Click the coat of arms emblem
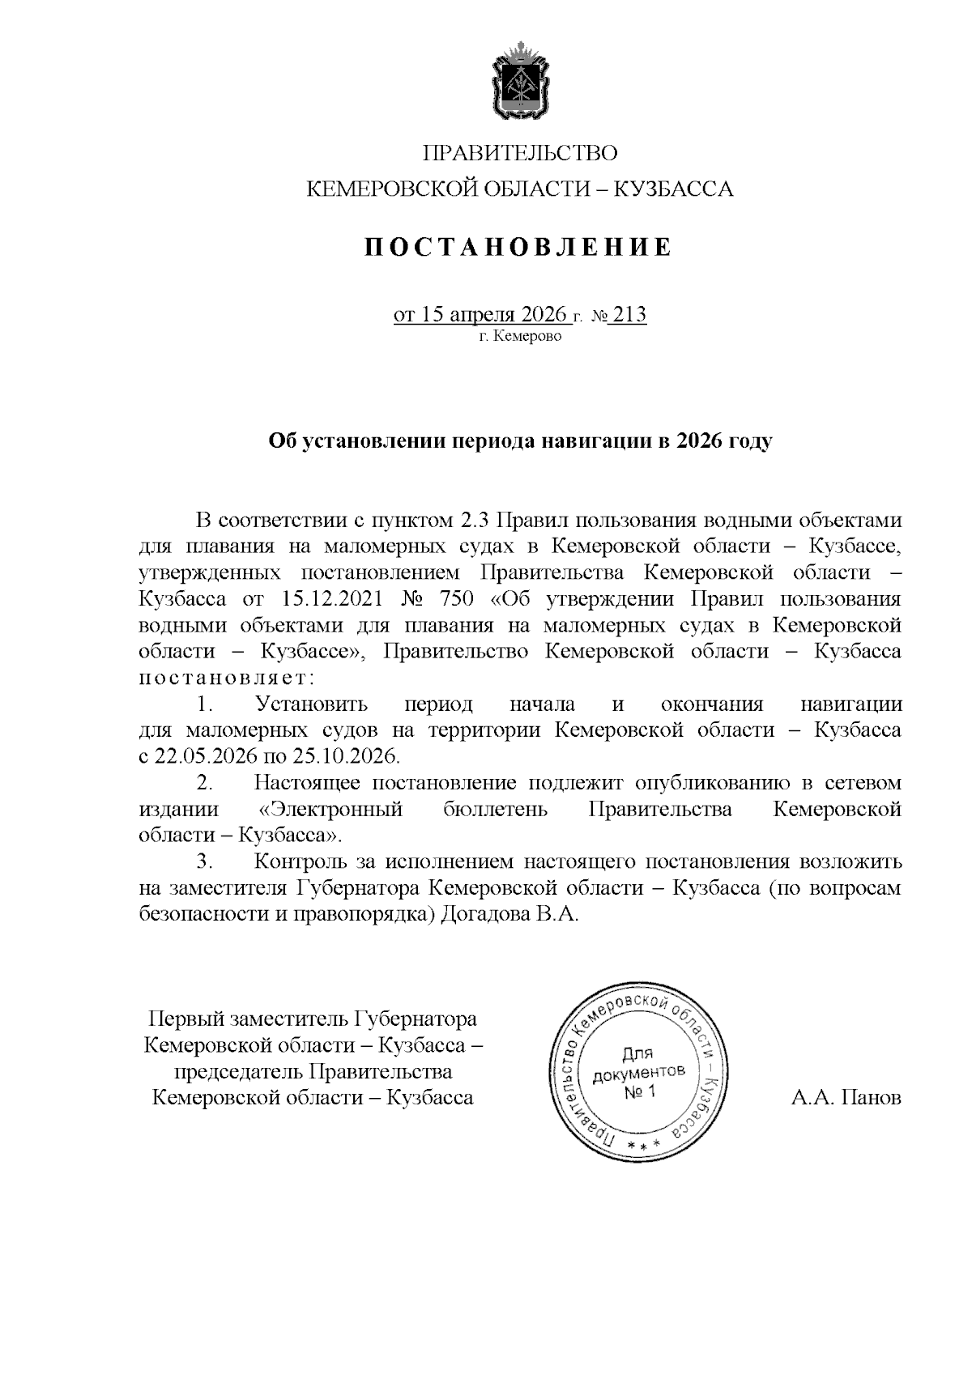[x=519, y=84]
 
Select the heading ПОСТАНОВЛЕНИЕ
[x=518, y=247]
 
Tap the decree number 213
[x=630, y=314]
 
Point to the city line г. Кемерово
[x=518, y=336]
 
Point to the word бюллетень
[x=496, y=809]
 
